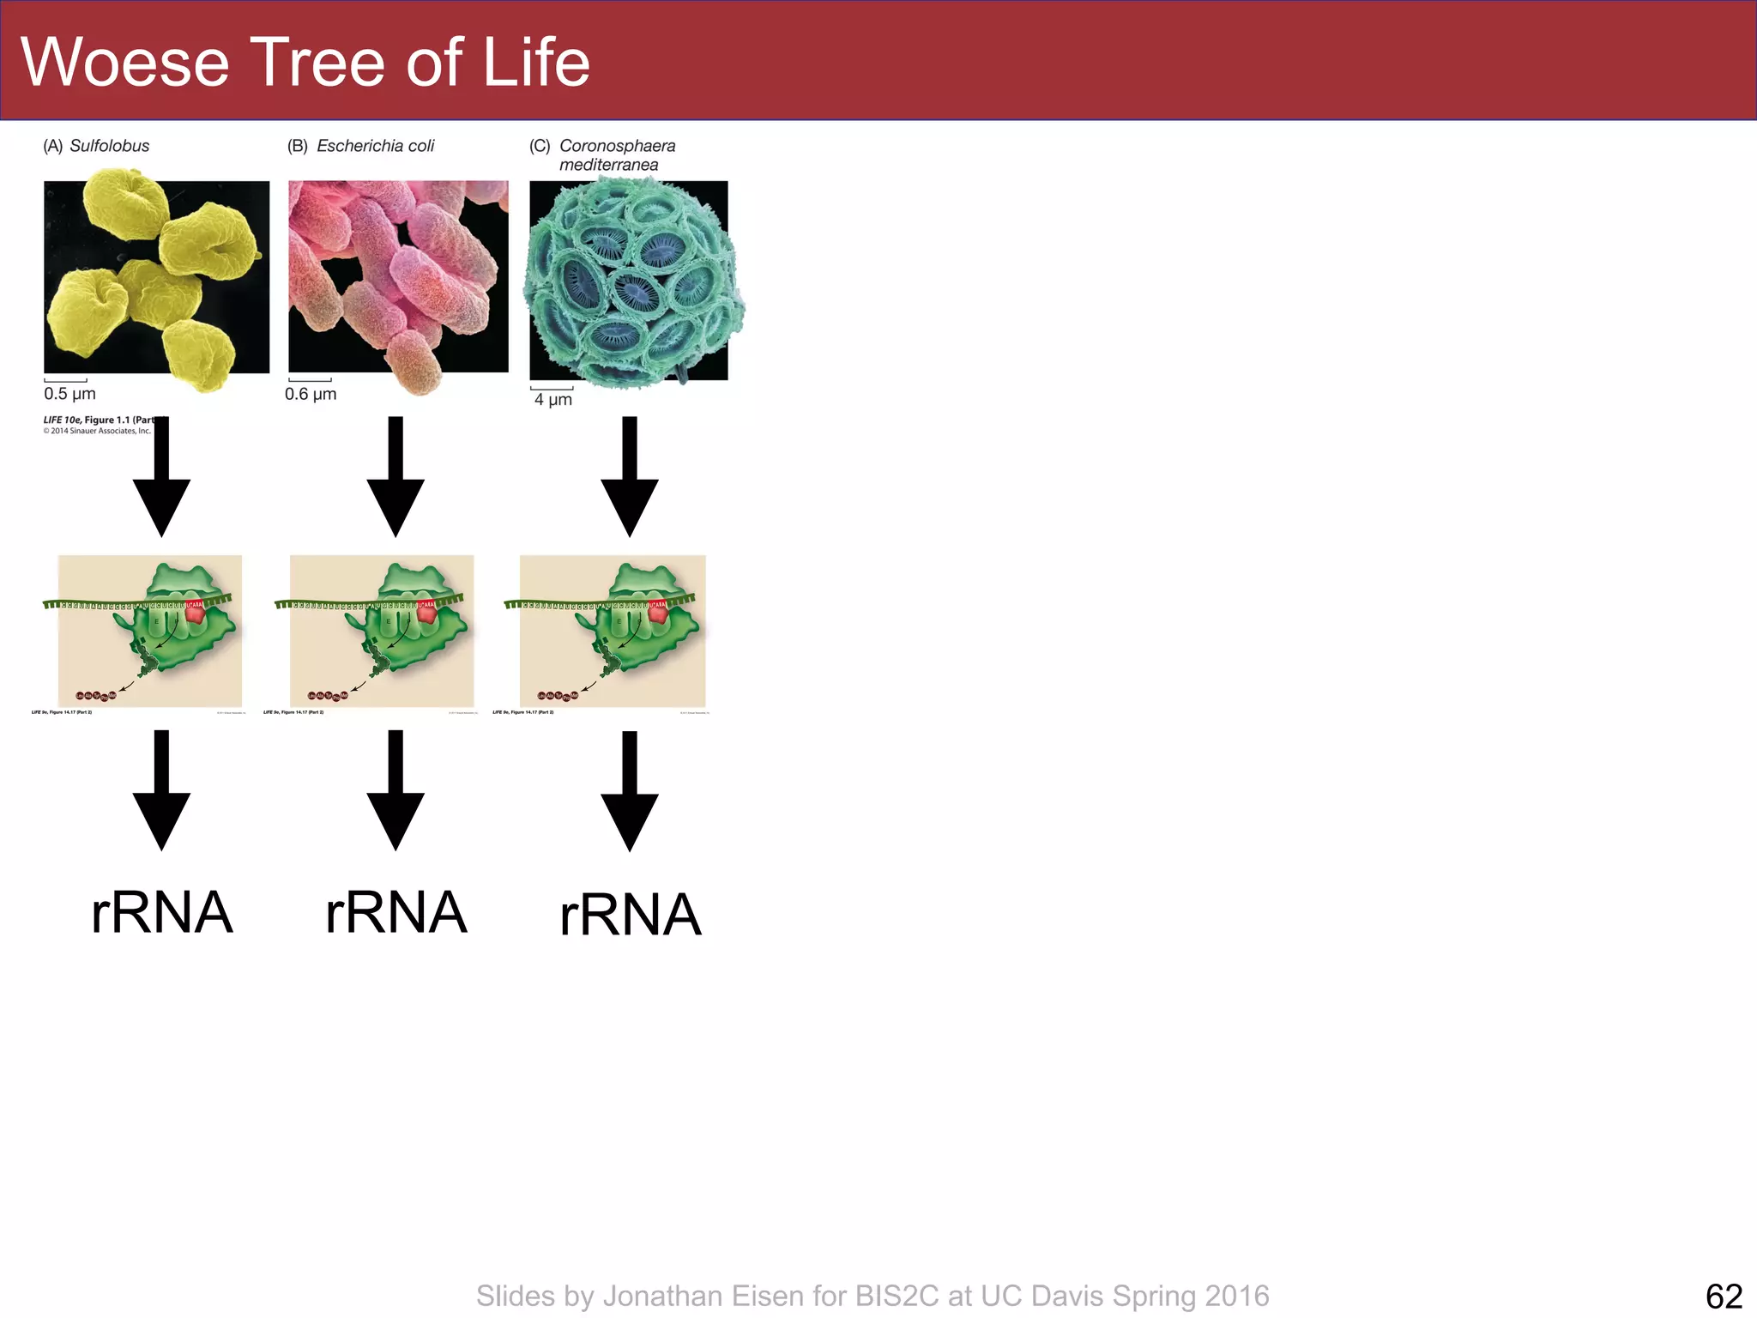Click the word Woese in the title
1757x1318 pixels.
tap(125, 63)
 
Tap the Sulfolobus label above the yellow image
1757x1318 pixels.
tap(109, 146)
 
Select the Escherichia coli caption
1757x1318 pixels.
tap(375, 146)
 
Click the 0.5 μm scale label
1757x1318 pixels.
tap(69, 394)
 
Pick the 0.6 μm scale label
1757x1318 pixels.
tap(311, 394)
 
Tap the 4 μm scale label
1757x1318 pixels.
tap(552, 399)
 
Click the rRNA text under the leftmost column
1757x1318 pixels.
tap(161, 912)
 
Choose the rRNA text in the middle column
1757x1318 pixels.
tap(395, 912)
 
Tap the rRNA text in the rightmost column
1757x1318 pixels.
tap(630, 915)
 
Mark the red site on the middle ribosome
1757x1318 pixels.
tap(426, 611)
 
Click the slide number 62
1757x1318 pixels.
tap(1724, 1296)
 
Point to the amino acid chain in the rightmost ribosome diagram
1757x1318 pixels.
tap(558, 695)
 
